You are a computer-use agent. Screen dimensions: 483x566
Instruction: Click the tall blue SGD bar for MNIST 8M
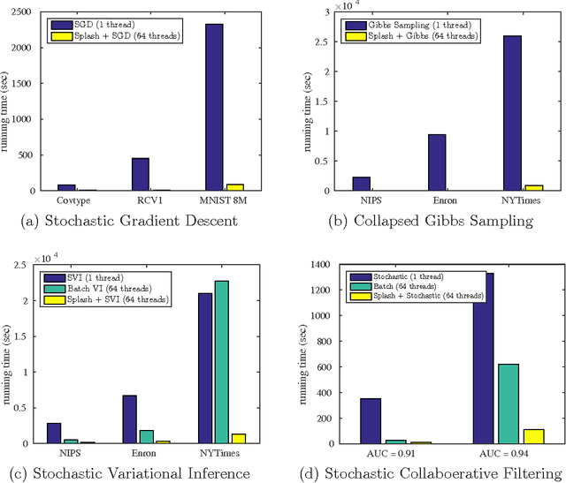click(x=214, y=107)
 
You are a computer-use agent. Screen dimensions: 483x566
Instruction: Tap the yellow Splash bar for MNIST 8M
click(x=234, y=187)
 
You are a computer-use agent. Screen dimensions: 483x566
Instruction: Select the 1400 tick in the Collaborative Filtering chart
click(x=322, y=264)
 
